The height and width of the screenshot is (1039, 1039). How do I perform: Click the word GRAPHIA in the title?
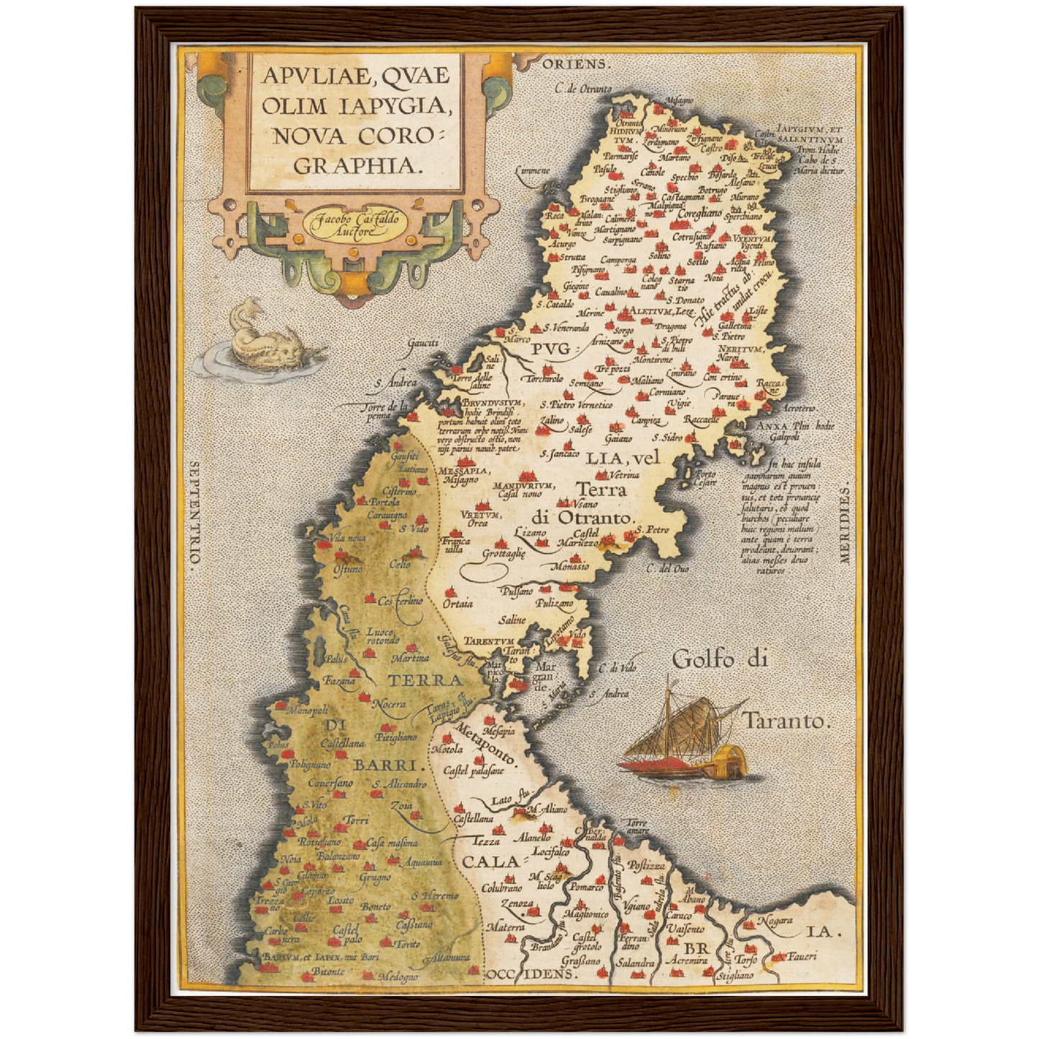357,165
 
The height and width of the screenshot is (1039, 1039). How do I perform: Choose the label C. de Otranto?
583,89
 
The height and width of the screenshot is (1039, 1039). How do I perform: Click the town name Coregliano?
699,212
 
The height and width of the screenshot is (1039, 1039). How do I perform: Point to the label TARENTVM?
488,641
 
